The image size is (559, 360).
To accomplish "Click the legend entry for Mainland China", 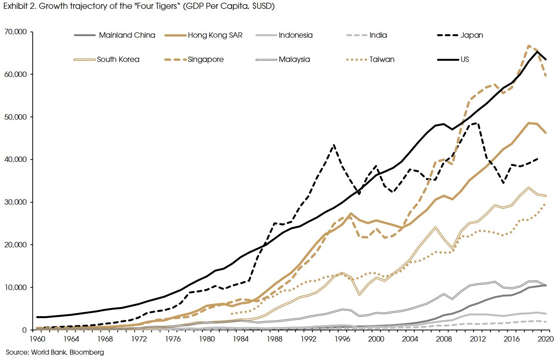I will click(x=127, y=35).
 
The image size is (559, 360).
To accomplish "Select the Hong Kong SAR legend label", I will click(x=215, y=35).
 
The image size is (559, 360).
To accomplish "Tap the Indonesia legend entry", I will click(x=295, y=35).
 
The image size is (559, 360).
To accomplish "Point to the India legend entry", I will click(x=378, y=35).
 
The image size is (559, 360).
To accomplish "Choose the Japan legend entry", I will click(x=471, y=35).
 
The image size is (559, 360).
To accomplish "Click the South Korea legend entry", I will click(x=118, y=59).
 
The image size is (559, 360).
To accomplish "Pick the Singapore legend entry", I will click(x=205, y=59).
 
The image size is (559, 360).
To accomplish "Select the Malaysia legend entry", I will click(x=294, y=59).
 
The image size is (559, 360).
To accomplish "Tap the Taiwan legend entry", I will click(x=382, y=59).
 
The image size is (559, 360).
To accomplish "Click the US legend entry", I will click(x=464, y=59).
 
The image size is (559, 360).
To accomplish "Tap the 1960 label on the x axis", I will click(x=37, y=339).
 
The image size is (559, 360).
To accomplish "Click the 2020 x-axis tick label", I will click(x=546, y=339).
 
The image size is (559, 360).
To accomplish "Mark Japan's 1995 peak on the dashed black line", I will click(x=334, y=145).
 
